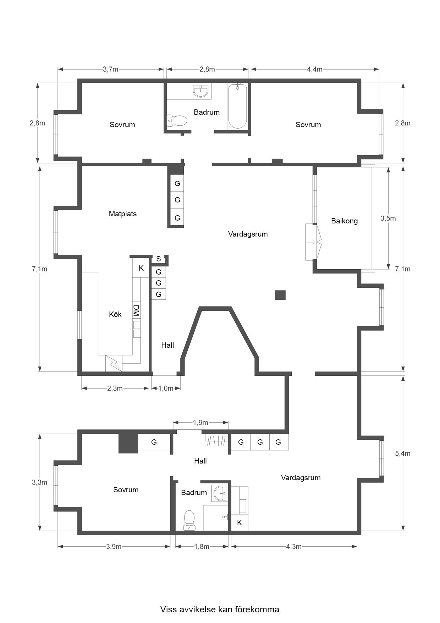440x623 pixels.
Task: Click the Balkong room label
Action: (x=344, y=221)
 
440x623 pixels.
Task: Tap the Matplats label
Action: (x=122, y=214)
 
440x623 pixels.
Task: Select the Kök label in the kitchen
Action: (x=115, y=314)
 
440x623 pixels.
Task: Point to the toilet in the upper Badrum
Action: (x=177, y=121)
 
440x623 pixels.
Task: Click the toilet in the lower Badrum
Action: (x=189, y=520)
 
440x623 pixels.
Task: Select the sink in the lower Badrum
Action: (x=220, y=493)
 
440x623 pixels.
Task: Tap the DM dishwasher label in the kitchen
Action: (x=136, y=310)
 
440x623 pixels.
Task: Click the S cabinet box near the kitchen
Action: (x=158, y=259)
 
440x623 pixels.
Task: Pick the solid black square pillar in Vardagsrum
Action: (x=280, y=295)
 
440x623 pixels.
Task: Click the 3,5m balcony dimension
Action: (x=388, y=218)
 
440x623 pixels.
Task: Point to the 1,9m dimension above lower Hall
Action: (x=200, y=423)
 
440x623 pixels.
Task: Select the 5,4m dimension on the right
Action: (x=403, y=454)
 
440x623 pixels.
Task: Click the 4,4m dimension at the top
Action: (x=314, y=69)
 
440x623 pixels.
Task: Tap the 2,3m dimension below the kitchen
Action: (x=115, y=388)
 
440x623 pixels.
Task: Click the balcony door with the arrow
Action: (x=314, y=242)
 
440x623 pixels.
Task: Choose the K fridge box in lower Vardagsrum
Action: (x=240, y=523)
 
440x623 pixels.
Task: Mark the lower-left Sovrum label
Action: (x=126, y=490)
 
